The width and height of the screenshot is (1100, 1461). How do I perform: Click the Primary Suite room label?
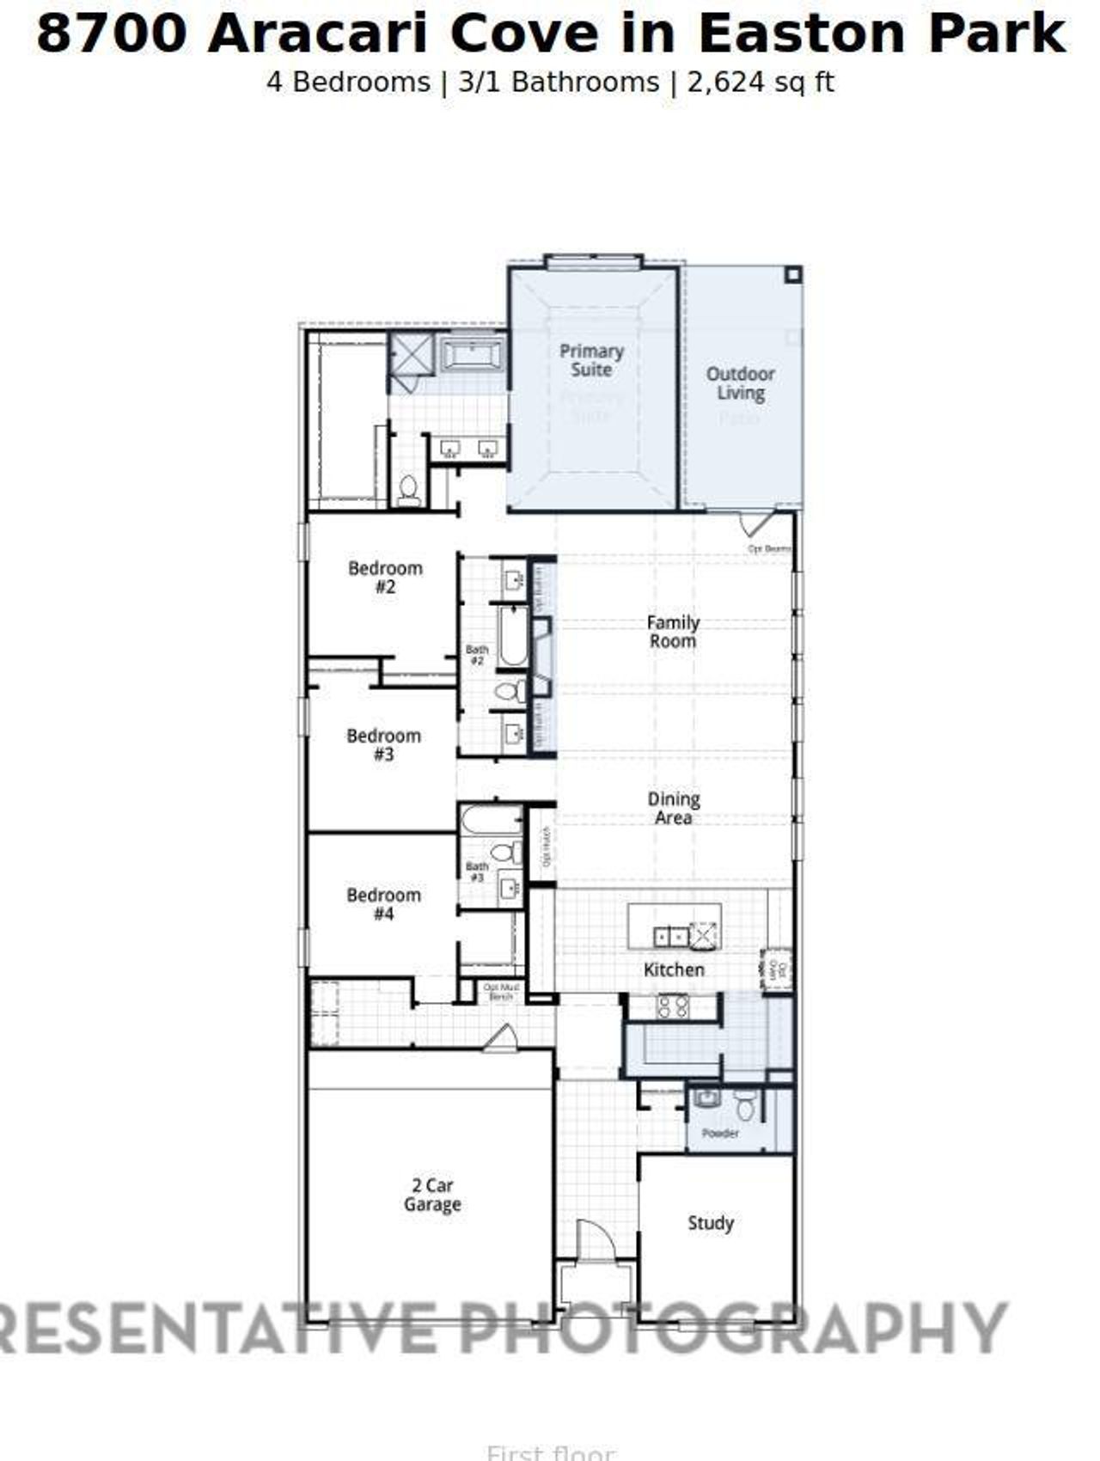tap(591, 360)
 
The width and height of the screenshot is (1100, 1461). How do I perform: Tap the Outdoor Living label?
tap(740, 383)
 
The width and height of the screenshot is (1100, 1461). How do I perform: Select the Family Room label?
tap(673, 632)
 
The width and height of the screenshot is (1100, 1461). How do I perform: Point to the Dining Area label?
tap(673, 808)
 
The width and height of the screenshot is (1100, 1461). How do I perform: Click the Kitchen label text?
tap(674, 969)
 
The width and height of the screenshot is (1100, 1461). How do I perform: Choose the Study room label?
tap(711, 1222)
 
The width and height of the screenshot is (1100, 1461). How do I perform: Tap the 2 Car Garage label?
tap(432, 1195)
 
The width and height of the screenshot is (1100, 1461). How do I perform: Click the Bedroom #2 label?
tap(385, 578)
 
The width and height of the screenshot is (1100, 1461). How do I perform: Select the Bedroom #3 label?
tap(383, 745)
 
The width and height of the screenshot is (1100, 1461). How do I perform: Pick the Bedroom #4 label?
tap(383, 904)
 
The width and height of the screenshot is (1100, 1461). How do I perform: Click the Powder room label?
tap(720, 1134)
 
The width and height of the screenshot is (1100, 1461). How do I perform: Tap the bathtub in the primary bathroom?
tap(474, 353)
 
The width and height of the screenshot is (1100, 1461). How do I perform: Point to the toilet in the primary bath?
tap(409, 490)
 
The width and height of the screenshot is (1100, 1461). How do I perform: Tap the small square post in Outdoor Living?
tap(792, 275)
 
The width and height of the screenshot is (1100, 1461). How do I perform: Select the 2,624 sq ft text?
tap(760, 83)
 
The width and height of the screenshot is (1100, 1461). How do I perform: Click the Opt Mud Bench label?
tap(501, 992)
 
